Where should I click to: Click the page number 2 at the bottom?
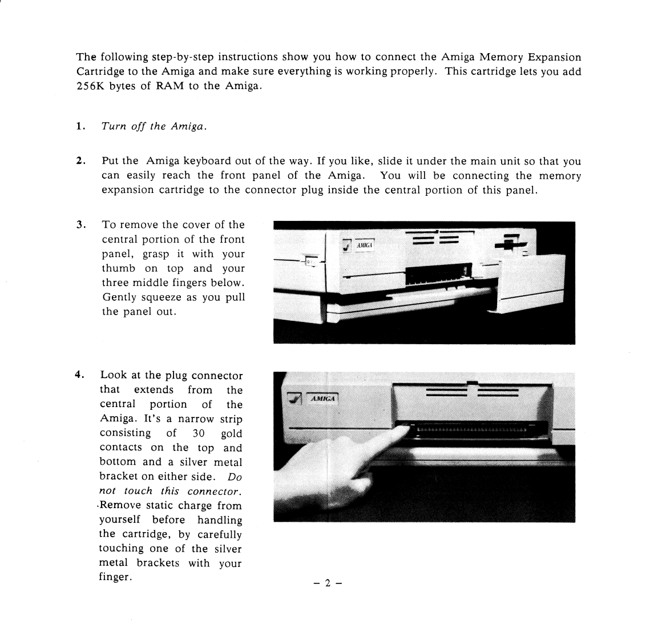[x=328, y=583]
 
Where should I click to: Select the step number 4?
[x=79, y=375]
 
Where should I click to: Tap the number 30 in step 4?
[x=199, y=433]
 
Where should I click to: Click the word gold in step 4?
[x=231, y=433]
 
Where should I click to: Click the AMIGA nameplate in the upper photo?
[x=365, y=245]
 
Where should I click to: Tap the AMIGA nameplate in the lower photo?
[x=323, y=398]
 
